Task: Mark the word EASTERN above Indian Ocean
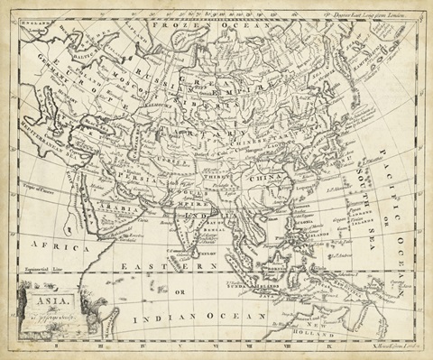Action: click(166, 267)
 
